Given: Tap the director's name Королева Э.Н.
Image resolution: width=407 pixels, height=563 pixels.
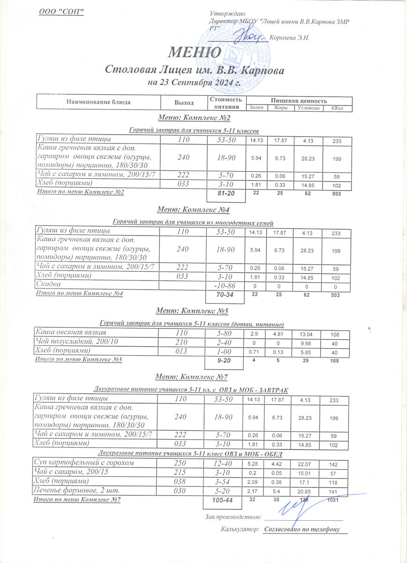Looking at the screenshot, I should point(290,38).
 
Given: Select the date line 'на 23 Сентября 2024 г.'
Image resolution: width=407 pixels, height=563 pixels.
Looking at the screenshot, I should point(194,83).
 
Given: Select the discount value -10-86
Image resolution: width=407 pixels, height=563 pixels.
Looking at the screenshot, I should point(225,285).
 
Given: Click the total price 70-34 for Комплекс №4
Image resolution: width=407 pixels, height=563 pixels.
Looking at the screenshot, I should point(225,295).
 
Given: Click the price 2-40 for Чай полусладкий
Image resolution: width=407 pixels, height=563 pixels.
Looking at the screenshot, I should point(225,342).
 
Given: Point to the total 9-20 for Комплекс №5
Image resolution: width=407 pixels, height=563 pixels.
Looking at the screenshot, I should point(225,361).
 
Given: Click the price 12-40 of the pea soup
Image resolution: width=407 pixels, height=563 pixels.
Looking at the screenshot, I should point(225,464).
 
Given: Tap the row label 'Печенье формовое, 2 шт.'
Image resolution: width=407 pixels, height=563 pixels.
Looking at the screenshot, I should point(78,491).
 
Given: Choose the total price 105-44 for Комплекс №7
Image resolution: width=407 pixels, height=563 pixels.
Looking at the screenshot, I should point(225,502).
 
